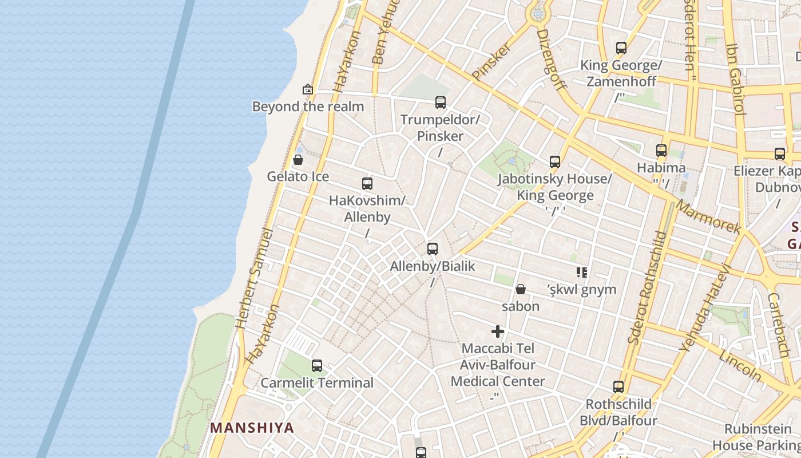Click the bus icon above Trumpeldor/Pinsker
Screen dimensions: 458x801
440,102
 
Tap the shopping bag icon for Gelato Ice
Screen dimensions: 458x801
298,160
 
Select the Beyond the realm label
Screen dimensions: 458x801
308,106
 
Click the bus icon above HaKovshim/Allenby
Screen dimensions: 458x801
367,184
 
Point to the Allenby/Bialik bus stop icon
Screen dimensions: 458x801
433,249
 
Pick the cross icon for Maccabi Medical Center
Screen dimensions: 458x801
498,331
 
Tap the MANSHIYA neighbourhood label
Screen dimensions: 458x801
252,428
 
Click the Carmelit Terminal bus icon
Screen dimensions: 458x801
316,365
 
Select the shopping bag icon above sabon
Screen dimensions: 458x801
521,289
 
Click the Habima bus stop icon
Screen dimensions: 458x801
661,151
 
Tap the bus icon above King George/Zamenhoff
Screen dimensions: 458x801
621,48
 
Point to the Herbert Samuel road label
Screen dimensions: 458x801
255,278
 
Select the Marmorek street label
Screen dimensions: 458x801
708,216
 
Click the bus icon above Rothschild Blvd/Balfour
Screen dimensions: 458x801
618,386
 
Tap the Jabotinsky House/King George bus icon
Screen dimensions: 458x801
554,162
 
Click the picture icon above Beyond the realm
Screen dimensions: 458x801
308,89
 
